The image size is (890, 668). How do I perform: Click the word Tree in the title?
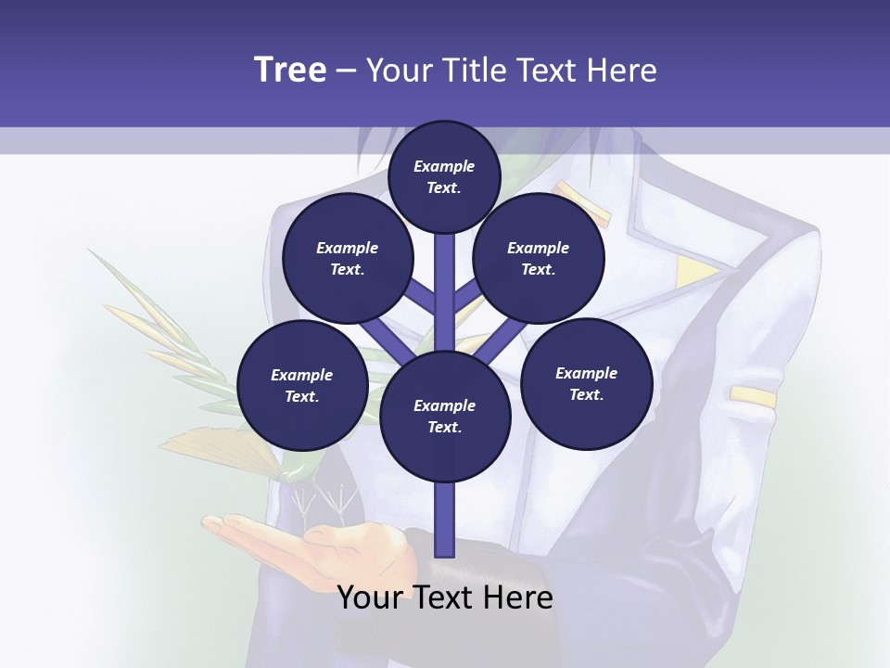290,71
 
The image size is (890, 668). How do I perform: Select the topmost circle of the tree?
444,176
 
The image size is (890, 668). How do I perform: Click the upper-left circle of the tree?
347,259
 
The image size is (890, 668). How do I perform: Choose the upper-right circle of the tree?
539,259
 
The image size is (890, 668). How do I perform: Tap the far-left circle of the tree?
301,385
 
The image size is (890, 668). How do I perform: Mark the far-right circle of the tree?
586,383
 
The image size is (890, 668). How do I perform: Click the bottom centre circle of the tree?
445,416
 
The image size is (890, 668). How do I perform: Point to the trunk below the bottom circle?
445,520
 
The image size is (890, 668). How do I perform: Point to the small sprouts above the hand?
324,501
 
